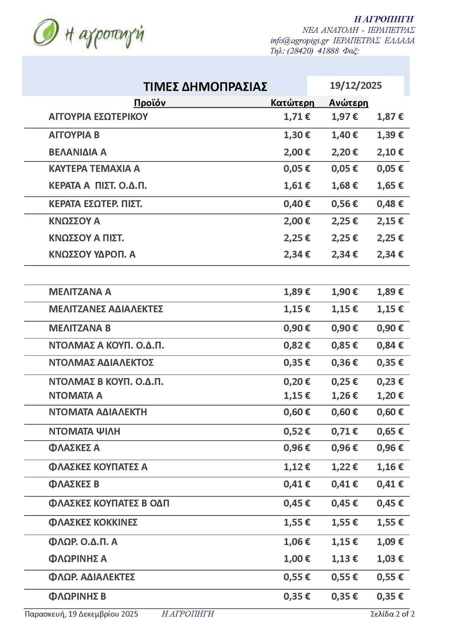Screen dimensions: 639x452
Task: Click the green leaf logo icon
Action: pos(45,33)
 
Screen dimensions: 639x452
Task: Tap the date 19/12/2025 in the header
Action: pos(356,85)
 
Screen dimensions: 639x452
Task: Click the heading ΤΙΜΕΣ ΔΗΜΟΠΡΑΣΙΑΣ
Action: pos(205,87)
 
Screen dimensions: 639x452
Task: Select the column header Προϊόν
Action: pos(150,103)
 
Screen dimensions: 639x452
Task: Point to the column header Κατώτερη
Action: pos(292,103)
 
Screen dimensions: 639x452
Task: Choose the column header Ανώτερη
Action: pos(348,103)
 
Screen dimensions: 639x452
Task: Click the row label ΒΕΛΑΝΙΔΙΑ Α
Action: pos(78,152)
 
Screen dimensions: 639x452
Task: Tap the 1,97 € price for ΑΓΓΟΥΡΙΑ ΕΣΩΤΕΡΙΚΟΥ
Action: pos(345,117)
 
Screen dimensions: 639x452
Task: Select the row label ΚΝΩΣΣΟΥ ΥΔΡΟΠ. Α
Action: pos(92,255)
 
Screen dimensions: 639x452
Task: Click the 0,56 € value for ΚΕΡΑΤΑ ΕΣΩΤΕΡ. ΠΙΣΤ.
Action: pos(345,204)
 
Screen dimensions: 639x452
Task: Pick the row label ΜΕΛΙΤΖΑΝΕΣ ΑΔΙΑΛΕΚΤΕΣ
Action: pos(106,309)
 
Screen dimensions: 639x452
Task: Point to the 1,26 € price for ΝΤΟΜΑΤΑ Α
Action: pos(345,395)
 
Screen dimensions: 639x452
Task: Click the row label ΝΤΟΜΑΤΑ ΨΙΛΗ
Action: pos(84,431)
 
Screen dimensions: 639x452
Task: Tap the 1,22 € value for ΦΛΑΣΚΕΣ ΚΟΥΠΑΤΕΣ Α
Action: pos(345,467)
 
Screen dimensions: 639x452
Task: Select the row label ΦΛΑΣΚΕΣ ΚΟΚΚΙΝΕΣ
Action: pos(93,522)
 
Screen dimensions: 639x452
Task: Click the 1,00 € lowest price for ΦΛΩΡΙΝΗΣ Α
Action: pos(297,558)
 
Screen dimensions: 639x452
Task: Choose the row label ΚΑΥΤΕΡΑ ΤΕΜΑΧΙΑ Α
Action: pos(94,169)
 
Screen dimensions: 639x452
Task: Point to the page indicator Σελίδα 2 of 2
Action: pos(392,614)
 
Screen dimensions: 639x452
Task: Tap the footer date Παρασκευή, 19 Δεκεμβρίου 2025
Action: pos(81,614)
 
